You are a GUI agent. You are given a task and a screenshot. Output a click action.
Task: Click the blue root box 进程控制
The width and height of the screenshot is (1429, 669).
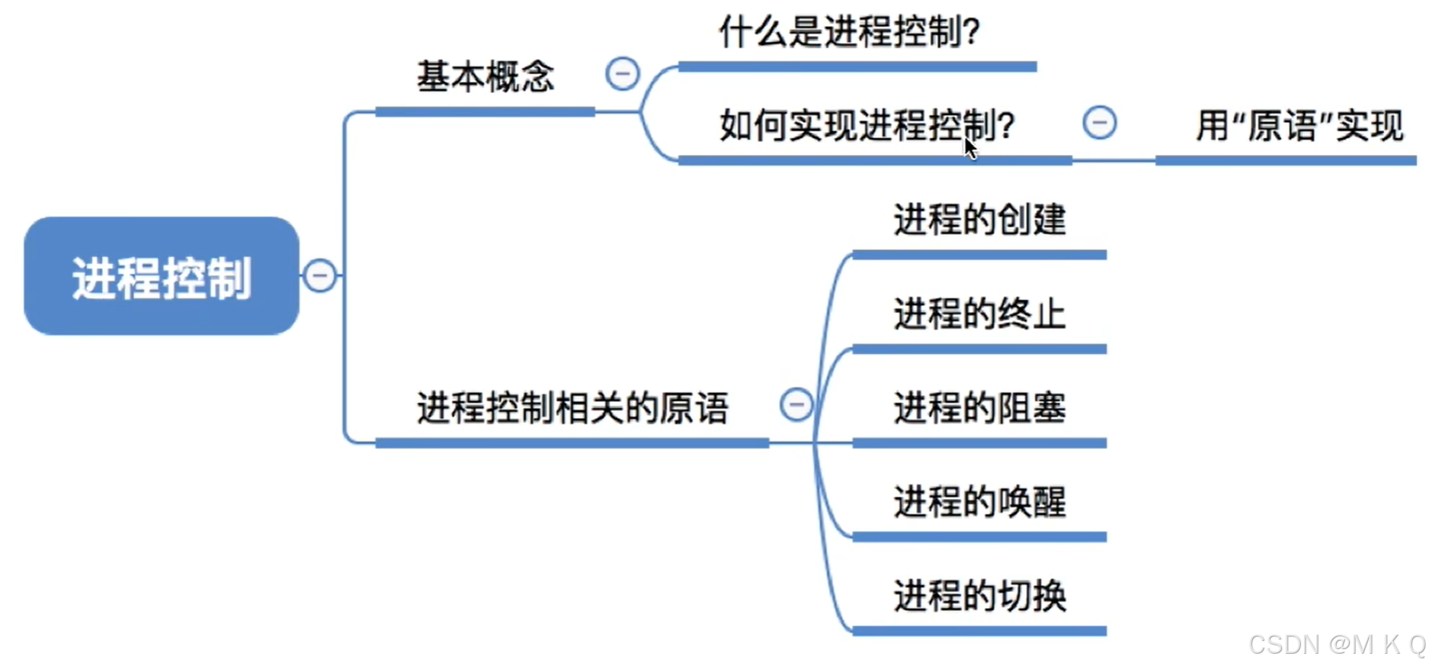161,276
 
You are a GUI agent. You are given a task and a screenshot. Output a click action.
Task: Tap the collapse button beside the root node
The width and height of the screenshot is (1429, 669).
319,275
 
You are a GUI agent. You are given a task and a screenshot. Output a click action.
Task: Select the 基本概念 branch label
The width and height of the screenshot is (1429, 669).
485,76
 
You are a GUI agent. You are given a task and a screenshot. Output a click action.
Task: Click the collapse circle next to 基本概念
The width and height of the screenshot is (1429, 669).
622,74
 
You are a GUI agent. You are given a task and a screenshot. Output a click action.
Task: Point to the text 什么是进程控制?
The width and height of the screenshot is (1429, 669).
849,32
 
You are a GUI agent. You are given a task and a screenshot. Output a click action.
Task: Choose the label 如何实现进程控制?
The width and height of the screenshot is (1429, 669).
867,125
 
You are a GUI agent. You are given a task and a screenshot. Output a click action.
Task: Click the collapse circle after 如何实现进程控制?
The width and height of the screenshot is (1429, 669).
1099,122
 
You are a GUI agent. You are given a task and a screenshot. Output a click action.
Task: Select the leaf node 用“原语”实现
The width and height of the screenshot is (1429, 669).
1299,126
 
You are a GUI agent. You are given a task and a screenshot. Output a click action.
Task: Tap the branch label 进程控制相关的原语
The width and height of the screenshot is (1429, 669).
572,407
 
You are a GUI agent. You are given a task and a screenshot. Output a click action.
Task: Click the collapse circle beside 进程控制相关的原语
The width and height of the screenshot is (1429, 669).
796,404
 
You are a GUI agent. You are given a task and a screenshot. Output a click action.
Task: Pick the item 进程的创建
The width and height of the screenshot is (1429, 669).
979,220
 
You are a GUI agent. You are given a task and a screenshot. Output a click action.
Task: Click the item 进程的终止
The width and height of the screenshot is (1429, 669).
979,314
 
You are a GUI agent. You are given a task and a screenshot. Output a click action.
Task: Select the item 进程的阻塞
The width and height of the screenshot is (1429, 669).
979,407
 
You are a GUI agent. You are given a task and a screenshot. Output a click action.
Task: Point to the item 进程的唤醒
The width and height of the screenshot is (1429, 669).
979,502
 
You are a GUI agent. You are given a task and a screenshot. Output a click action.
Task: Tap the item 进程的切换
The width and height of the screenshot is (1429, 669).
979,596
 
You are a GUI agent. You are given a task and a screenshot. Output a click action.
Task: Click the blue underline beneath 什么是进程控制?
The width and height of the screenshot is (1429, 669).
857,67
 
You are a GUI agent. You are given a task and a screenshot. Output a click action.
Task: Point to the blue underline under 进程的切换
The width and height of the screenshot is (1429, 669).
979,631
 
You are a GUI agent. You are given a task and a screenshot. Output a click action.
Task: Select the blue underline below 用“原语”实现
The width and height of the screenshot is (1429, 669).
1285,161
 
